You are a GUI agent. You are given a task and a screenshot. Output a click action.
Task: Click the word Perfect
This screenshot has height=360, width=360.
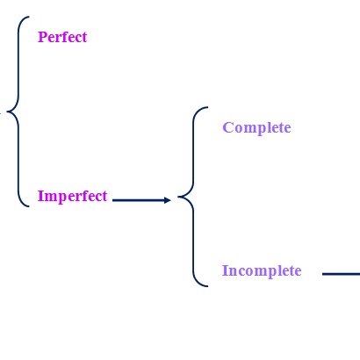[x=62, y=37]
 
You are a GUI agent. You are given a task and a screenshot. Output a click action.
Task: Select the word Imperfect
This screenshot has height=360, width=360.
[x=72, y=196]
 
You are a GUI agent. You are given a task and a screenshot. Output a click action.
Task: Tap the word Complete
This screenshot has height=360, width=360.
[x=256, y=128]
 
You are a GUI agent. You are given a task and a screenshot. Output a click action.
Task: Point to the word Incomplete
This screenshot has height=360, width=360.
[x=262, y=270]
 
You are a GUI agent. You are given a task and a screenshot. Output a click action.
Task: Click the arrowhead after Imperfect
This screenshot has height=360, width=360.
[x=168, y=200]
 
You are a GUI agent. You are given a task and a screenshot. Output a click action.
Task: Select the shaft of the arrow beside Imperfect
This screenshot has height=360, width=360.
[x=139, y=200]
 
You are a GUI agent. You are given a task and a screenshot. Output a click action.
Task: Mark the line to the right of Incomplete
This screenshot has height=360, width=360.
[x=341, y=274]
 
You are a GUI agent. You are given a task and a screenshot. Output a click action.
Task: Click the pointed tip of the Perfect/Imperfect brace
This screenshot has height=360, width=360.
[x=7, y=112]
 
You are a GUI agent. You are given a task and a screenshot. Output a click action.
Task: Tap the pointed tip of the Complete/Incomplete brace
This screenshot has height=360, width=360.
[x=178, y=197]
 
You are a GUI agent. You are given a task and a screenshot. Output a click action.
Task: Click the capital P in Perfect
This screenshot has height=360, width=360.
[x=42, y=37]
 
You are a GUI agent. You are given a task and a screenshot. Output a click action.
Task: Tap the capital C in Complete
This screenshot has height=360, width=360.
[x=227, y=127]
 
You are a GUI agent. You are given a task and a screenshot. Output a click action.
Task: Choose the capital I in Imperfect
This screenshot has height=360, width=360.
[x=40, y=196]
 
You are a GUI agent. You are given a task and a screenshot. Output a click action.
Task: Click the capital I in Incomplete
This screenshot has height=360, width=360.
[x=225, y=270]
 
